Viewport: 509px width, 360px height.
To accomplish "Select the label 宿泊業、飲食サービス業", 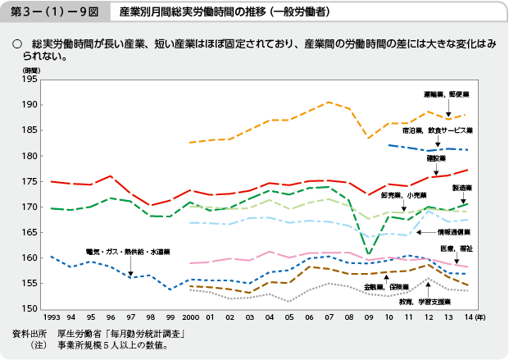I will (x=438, y=130).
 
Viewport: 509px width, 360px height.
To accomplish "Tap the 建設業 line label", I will (x=435, y=158).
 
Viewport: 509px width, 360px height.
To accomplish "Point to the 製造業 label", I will (x=463, y=188).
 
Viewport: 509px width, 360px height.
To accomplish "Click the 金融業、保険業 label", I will (x=387, y=288).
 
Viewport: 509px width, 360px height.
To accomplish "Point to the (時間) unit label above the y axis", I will (x=30, y=72).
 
